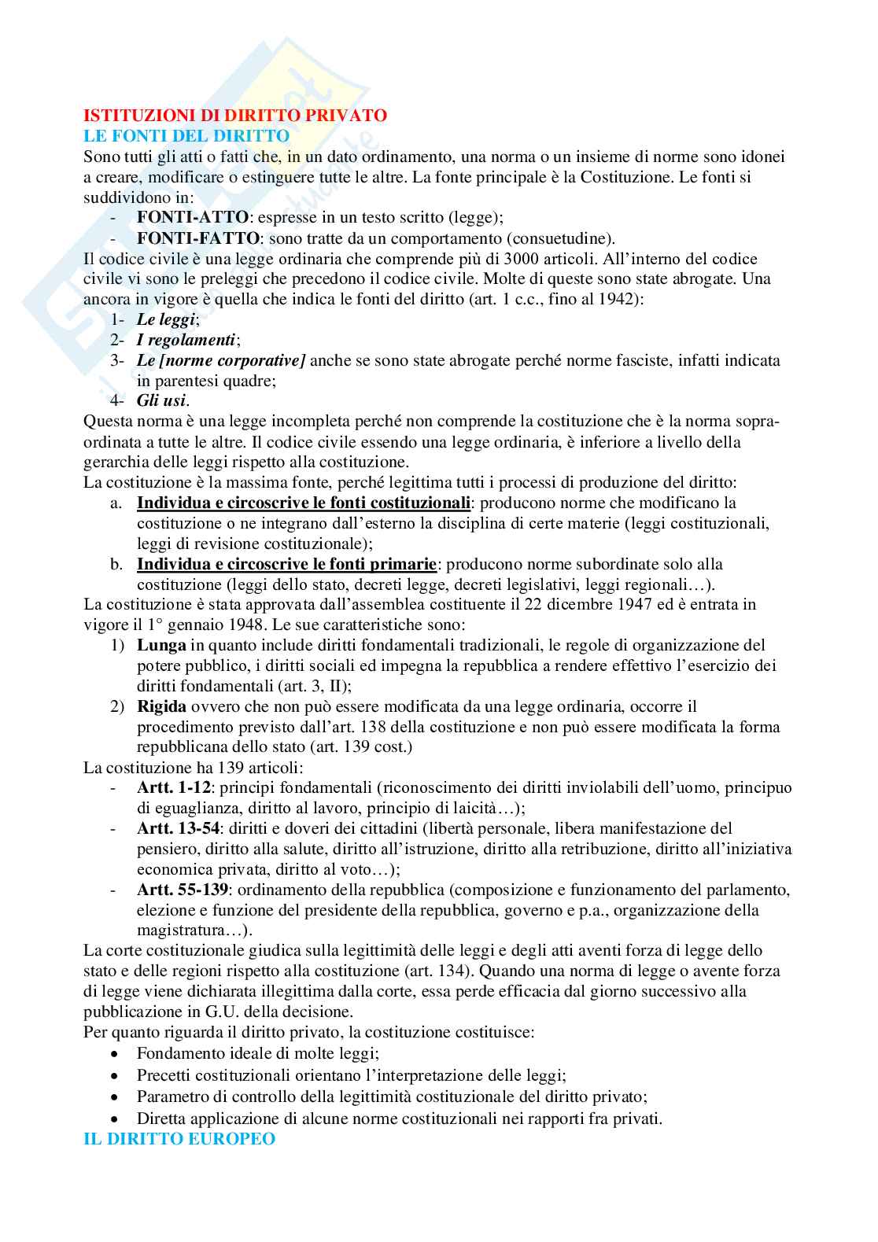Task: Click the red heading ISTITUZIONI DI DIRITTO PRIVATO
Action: point(235,116)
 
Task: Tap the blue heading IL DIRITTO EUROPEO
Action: point(179,1138)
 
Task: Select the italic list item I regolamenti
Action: point(186,340)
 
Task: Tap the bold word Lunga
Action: point(160,645)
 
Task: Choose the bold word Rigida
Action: point(161,706)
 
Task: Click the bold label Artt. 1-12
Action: point(170,787)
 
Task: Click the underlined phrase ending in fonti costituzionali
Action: point(304,503)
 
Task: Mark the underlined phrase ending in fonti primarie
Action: point(286,564)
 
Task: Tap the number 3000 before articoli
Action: point(505,259)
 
